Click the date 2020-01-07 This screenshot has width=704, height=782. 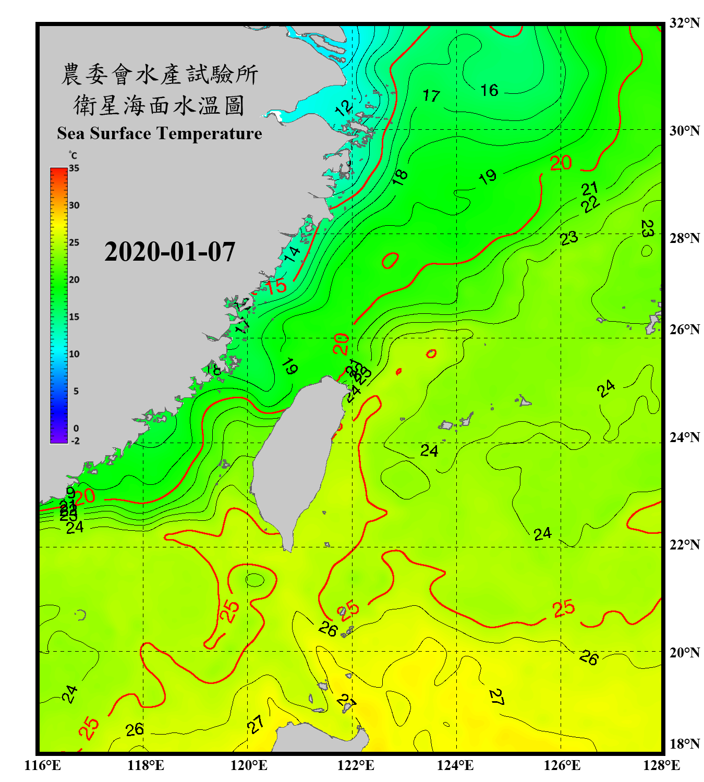click(170, 252)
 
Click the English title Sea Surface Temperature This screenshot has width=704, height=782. click(160, 133)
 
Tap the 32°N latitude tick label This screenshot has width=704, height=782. click(684, 23)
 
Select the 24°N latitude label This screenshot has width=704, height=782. click(684, 437)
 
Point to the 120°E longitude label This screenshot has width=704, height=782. click(249, 765)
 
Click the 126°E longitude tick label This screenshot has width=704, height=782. click(562, 765)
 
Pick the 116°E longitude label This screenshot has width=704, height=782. click(42, 765)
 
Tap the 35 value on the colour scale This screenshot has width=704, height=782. click(74, 168)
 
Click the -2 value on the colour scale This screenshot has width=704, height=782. click(75, 441)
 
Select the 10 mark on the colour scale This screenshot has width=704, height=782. click(74, 354)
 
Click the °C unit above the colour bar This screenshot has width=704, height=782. click(73, 155)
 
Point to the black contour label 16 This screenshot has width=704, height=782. click(489, 91)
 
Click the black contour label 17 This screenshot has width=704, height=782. click(431, 96)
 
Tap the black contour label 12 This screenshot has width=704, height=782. click(343, 108)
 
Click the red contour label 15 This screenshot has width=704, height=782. click(276, 286)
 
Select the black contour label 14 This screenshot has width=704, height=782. click(292, 254)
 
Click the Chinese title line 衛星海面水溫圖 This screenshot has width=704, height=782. click(159, 105)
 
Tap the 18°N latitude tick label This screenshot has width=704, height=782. click(684, 744)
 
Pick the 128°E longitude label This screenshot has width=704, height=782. click(661, 765)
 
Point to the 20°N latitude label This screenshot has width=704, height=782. click(684, 652)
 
